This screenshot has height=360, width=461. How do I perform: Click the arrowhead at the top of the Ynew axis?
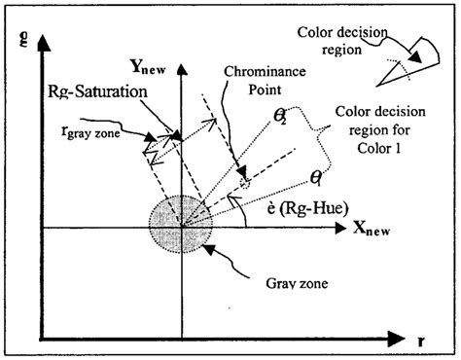coord(182,92)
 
